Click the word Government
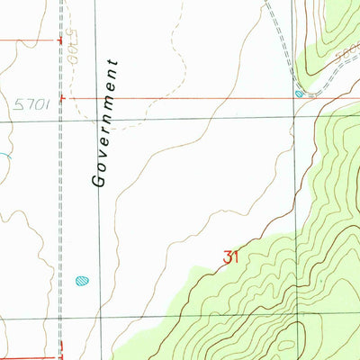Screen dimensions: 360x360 click(x=106, y=123)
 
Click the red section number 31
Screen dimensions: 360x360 click(x=230, y=258)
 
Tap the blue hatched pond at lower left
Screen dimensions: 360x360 click(x=82, y=280)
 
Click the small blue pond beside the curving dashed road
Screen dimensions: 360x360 click(x=299, y=93)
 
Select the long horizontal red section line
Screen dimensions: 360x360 click(x=180, y=98)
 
